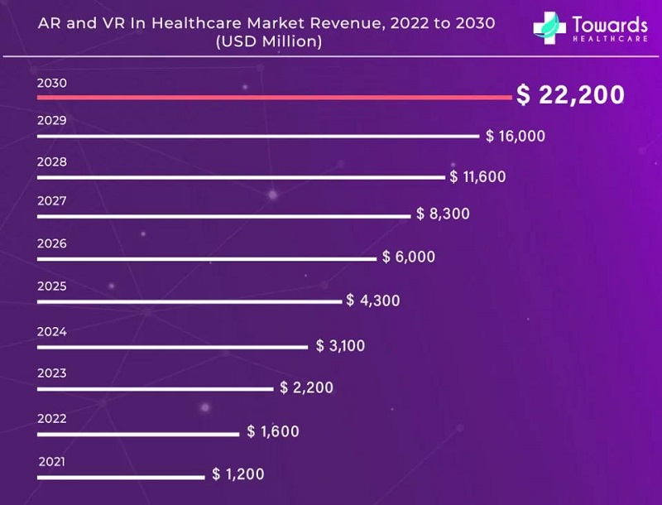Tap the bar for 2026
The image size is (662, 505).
[x=207, y=259]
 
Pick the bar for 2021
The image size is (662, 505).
[x=121, y=476]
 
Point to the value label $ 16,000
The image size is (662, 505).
[x=516, y=136]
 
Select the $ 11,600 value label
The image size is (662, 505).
[x=477, y=176]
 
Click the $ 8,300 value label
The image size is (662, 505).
[x=443, y=214]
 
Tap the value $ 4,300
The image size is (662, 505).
[x=373, y=301]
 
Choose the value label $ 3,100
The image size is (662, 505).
[x=340, y=345]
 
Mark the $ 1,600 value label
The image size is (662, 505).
[x=273, y=431]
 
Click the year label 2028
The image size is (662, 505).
[x=51, y=161]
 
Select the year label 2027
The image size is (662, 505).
[x=51, y=200]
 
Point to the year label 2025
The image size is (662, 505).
[x=51, y=286]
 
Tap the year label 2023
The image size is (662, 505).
[x=51, y=373]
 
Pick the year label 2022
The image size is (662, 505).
[x=51, y=418]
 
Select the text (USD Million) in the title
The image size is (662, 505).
[x=267, y=41]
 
